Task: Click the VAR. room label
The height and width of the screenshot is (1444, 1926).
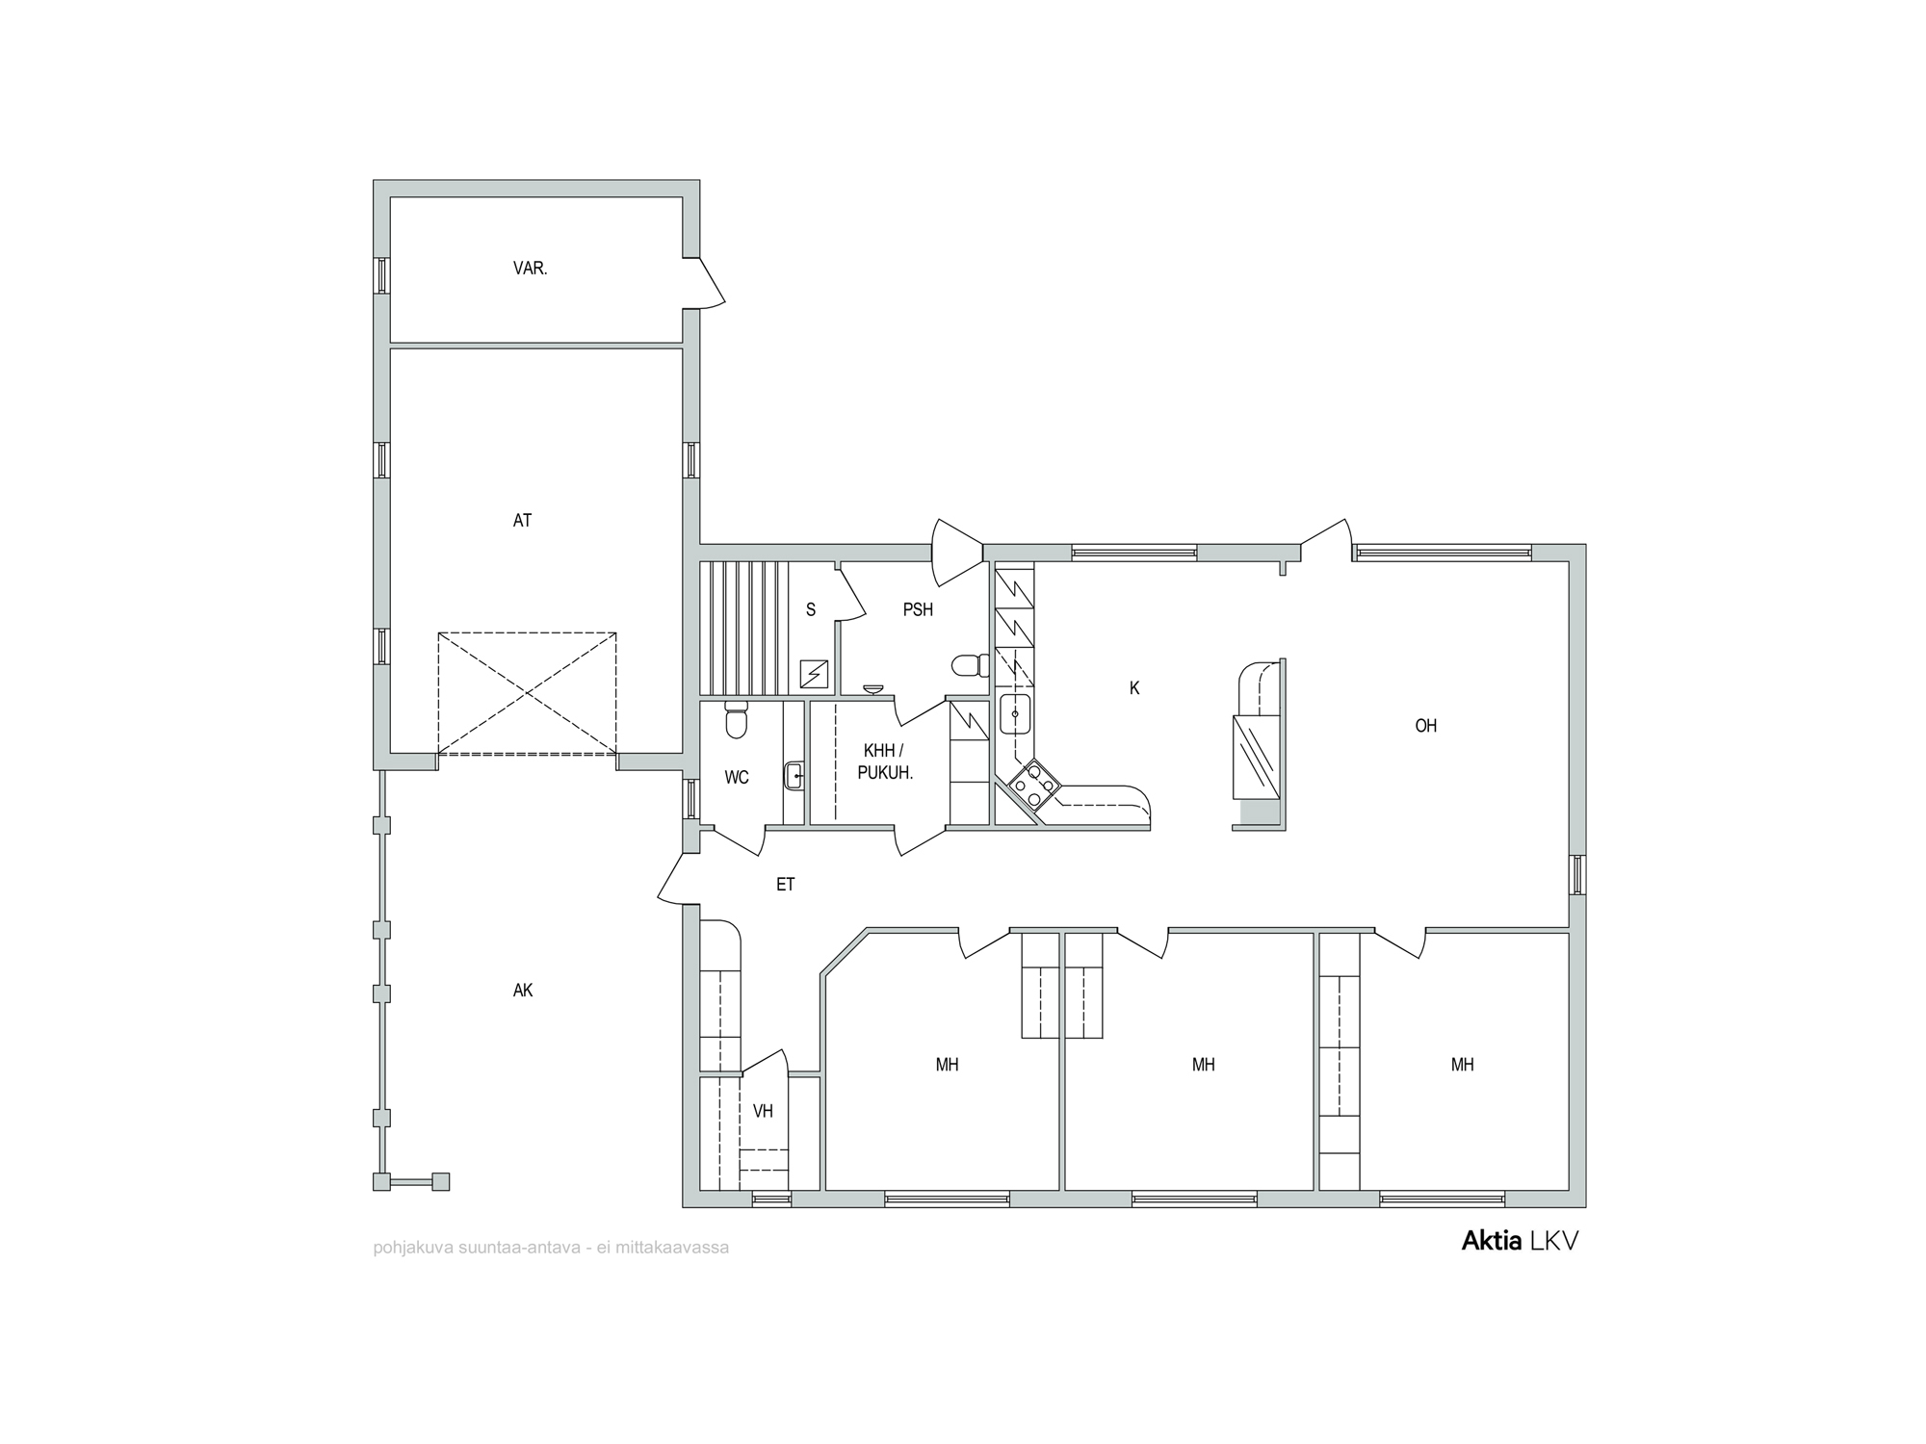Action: point(530,269)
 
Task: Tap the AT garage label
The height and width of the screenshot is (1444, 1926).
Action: point(522,521)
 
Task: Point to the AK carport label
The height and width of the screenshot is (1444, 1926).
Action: point(523,991)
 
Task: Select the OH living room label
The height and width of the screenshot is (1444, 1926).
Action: point(1425,726)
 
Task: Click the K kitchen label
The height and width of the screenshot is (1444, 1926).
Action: point(1134,688)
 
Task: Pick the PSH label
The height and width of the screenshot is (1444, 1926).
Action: point(918,609)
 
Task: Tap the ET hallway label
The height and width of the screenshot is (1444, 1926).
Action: point(786,884)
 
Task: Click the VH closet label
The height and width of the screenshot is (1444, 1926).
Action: point(763,1112)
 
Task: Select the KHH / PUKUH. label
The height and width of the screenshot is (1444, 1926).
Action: point(885,761)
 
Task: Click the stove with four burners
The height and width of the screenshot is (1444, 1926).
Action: point(1034,784)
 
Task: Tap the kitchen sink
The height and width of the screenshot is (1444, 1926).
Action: point(1015,714)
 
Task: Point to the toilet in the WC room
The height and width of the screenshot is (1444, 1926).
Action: point(736,719)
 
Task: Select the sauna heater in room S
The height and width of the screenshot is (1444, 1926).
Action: point(815,674)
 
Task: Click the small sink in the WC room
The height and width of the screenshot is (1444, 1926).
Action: point(794,775)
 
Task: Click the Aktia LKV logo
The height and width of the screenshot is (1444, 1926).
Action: point(1521,1242)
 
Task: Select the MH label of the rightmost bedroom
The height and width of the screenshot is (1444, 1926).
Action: point(1462,1065)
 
